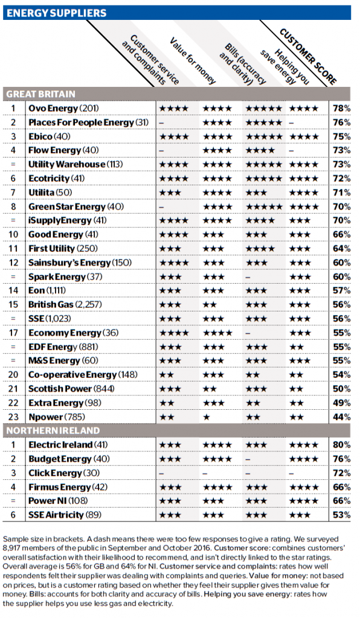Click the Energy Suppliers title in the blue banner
point(56,13)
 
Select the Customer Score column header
point(308,56)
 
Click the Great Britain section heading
point(40,94)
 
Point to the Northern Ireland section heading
point(53,431)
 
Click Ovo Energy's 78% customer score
point(341,109)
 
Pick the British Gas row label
point(65,305)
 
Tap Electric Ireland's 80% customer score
point(341,445)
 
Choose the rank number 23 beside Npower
point(13,417)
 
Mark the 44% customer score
point(341,417)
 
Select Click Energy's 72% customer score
point(341,473)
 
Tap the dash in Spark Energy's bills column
point(248,277)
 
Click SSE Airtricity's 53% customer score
point(341,515)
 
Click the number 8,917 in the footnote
point(12,548)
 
